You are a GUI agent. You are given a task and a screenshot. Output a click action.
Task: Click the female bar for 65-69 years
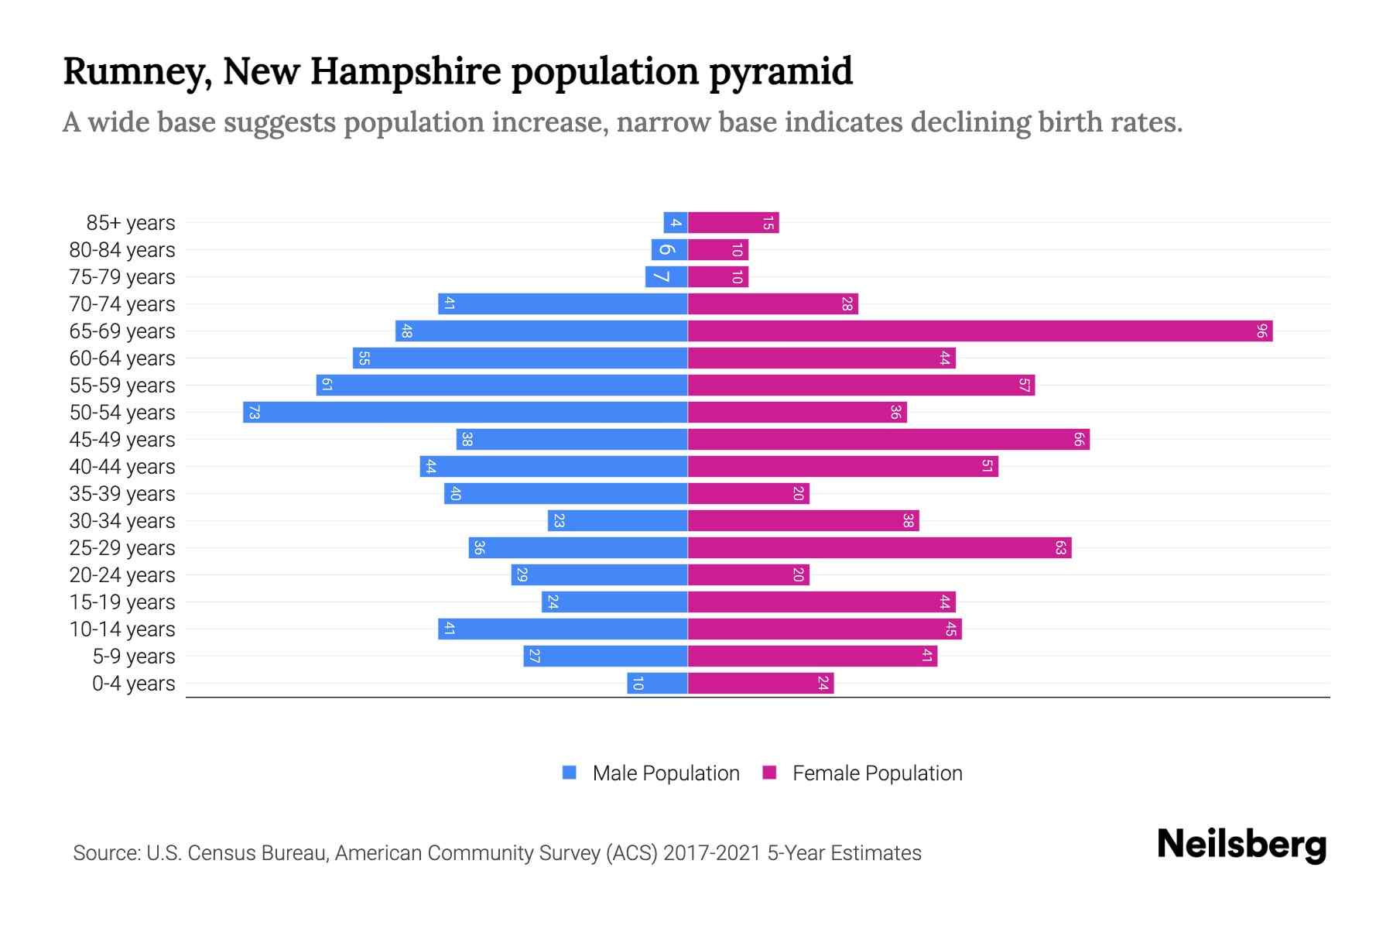tap(980, 331)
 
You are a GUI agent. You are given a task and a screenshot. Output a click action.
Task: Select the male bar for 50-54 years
tap(465, 413)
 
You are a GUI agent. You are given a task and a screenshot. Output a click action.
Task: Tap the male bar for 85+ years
tap(676, 223)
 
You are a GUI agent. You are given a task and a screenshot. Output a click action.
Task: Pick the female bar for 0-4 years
tap(761, 684)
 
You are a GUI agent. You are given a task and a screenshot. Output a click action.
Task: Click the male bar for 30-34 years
tap(618, 521)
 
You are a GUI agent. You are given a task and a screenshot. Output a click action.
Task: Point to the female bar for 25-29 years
tap(879, 548)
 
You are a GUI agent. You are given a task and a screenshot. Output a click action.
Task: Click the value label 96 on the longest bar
tap(1261, 331)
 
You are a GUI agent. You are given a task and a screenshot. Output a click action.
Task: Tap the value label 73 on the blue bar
tap(254, 413)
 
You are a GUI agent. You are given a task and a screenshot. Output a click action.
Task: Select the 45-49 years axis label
tap(122, 440)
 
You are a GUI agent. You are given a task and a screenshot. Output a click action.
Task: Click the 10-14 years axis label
tap(122, 629)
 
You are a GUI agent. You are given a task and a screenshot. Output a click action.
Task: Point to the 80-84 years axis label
tap(122, 250)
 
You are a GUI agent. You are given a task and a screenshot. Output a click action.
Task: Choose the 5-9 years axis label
tap(134, 656)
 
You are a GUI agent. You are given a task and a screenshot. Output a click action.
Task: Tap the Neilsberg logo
tap(1241, 845)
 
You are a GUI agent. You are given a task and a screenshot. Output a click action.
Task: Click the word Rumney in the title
tap(136, 72)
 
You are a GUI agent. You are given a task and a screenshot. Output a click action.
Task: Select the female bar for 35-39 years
tap(748, 494)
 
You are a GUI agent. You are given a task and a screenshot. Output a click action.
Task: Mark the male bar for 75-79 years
tap(666, 277)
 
